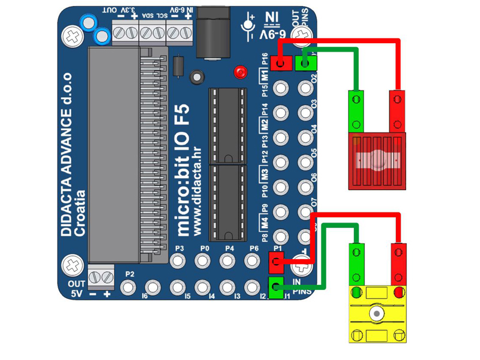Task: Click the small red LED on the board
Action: pyautogui.click(x=241, y=72)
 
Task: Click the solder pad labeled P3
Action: pyautogui.click(x=178, y=260)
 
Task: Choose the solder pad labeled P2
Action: pyautogui.click(x=128, y=287)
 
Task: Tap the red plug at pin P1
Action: pyautogui.click(x=277, y=260)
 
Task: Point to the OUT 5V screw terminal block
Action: pyautogui.click(x=101, y=277)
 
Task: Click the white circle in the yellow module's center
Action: pyautogui.click(x=376, y=313)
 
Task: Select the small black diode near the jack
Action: pyautogui.click(x=178, y=65)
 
